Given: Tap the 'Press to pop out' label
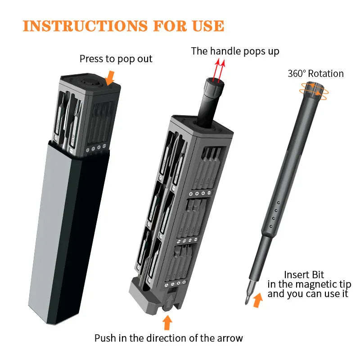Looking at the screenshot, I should click(x=116, y=59).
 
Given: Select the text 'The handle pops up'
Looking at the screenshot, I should click(x=235, y=51).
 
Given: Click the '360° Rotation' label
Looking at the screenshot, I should click(x=315, y=73).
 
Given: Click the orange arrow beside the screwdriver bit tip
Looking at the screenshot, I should click(x=258, y=300).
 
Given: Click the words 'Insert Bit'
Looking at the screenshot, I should click(x=304, y=274).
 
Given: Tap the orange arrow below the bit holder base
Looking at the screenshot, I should click(x=167, y=322).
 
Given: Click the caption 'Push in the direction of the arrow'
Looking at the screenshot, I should click(x=168, y=338).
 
